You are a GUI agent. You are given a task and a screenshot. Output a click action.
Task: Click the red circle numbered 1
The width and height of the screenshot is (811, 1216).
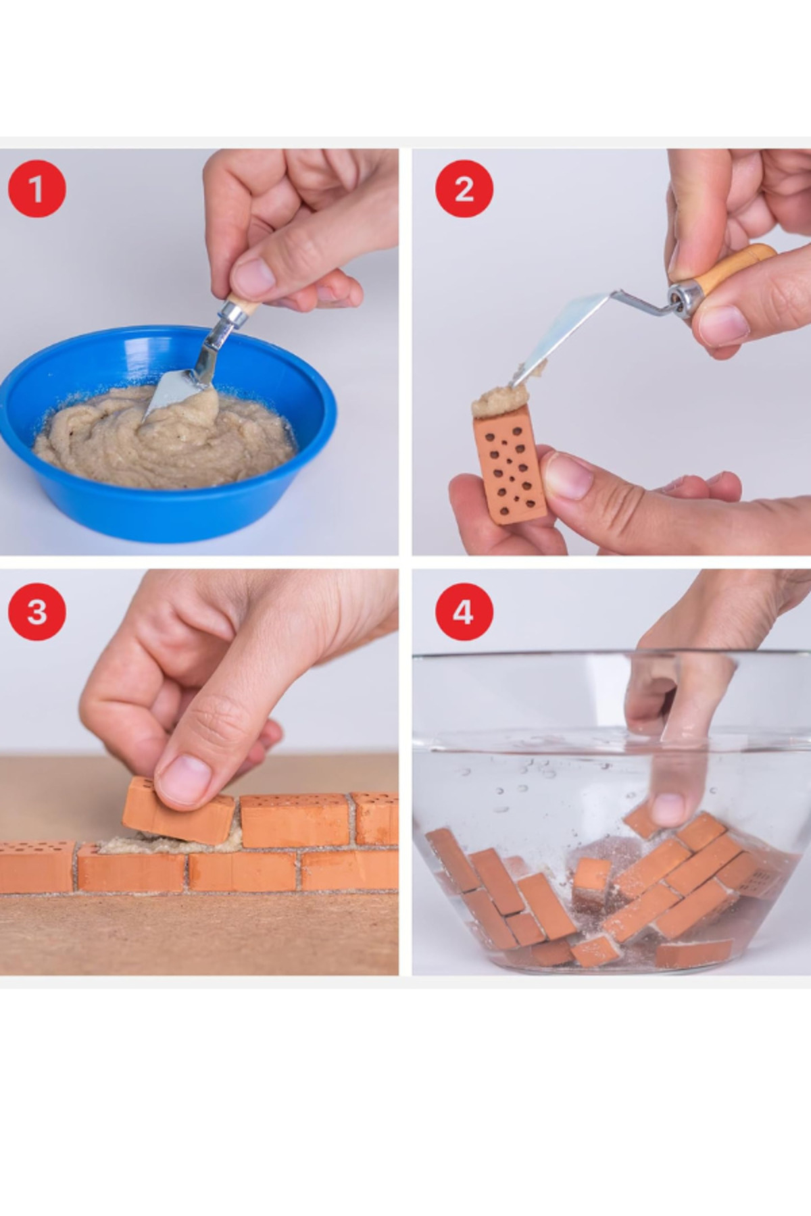(x=36, y=188)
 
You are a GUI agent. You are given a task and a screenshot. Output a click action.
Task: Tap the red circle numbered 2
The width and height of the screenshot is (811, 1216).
(x=464, y=188)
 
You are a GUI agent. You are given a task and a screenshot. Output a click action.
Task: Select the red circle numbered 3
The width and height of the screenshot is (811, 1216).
(x=36, y=612)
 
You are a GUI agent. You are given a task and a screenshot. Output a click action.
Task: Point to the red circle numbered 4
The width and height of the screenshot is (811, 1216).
(x=464, y=612)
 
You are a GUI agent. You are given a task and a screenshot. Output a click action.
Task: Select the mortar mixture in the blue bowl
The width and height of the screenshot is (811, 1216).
(x=166, y=438)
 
